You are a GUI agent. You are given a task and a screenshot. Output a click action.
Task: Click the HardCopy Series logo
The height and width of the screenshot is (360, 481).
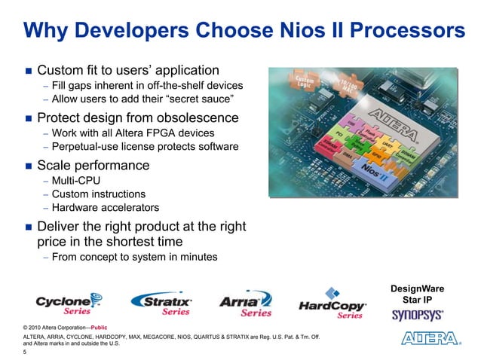[x=332, y=303]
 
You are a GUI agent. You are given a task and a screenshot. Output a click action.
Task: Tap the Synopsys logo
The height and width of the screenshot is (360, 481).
[x=417, y=316]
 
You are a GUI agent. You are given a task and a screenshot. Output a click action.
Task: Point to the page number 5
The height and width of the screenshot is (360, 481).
[x=25, y=352]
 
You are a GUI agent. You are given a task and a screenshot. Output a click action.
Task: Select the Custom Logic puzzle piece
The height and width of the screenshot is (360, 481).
[x=305, y=81]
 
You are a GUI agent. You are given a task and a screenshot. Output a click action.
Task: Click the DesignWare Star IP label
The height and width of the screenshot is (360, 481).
[x=417, y=294]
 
